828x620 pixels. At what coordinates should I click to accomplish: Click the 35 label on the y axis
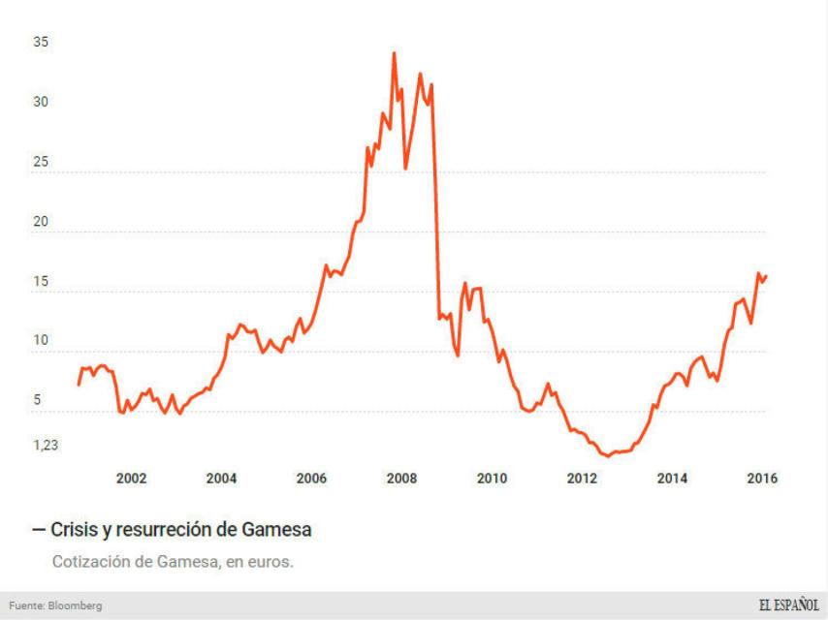click(41, 43)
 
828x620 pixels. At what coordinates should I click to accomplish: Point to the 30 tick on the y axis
click(41, 103)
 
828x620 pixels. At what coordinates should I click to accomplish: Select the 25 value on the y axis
click(41, 163)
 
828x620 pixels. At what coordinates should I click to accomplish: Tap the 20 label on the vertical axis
click(41, 222)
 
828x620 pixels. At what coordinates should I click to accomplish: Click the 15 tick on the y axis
click(41, 282)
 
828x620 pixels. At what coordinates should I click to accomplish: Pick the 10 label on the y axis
click(41, 341)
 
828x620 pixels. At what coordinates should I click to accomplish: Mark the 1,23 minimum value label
click(47, 446)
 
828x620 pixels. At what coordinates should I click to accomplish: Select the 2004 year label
click(221, 478)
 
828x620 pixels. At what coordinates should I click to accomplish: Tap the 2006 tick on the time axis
click(311, 478)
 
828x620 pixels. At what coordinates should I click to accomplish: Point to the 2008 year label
click(401, 478)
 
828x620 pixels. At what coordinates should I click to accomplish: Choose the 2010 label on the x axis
click(492, 478)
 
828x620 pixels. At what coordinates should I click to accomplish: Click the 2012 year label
click(582, 478)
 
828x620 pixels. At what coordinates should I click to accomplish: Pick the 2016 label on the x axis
click(763, 478)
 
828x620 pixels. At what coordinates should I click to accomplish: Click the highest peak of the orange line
click(394, 53)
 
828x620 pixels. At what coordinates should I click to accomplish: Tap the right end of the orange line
click(766, 275)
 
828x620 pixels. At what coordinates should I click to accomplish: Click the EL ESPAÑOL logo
click(787, 604)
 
